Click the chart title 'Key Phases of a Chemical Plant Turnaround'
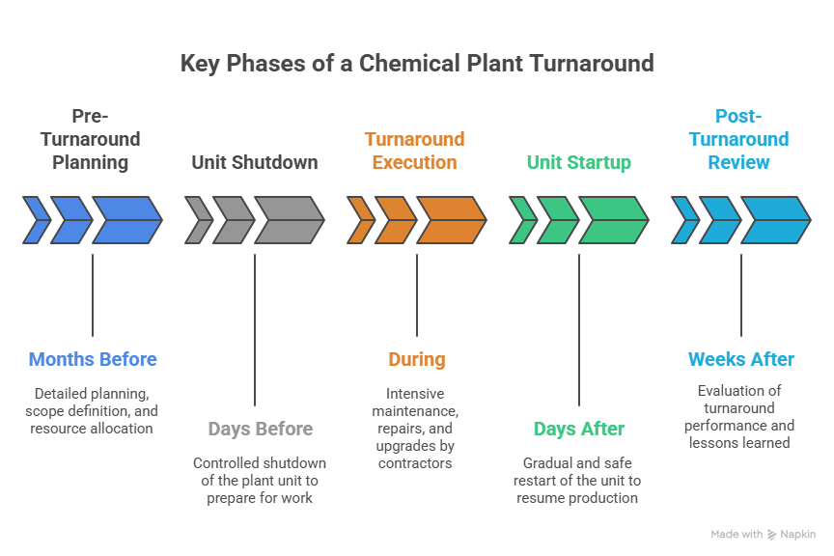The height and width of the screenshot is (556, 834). click(417, 64)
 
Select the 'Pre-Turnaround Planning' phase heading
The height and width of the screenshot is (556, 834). click(92, 139)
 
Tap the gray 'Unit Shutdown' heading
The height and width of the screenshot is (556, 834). click(254, 162)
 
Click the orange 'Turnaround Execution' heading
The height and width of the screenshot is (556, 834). click(416, 151)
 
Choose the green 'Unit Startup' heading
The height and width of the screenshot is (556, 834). click(578, 162)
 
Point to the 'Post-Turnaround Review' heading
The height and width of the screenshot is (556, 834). click(739, 139)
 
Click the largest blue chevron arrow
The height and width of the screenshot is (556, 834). click(126, 220)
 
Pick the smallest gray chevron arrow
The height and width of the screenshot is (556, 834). click(198, 220)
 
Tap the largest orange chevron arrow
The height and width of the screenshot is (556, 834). click(451, 220)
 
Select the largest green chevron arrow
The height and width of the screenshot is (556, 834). click(613, 220)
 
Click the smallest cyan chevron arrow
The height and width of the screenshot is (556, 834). click(684, 220)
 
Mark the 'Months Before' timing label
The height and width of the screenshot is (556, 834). click(93, 360)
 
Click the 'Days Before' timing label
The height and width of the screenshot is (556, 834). click(260, 429)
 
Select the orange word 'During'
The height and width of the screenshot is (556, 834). click(417, 360)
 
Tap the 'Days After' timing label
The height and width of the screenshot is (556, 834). click(579, 429)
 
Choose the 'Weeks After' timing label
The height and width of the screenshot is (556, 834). click(741, 360)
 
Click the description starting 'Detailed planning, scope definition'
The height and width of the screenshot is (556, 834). click(93, 410)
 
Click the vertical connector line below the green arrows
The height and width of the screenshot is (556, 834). click(579, 328)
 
